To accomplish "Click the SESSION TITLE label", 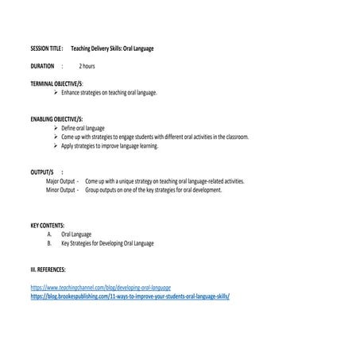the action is (x=46, y=48).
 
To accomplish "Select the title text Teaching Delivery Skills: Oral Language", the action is (x=112, y=48).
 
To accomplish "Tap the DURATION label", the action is (x=42, y=66).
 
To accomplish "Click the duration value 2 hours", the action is (x=87, y=66).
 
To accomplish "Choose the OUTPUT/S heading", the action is (x=43, y=172).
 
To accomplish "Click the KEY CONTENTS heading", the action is (x=48, y=225).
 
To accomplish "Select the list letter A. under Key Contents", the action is (x=49, y=234).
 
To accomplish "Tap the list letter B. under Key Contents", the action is (x=49, y=243).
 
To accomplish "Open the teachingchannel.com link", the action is (x=101, y=287).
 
